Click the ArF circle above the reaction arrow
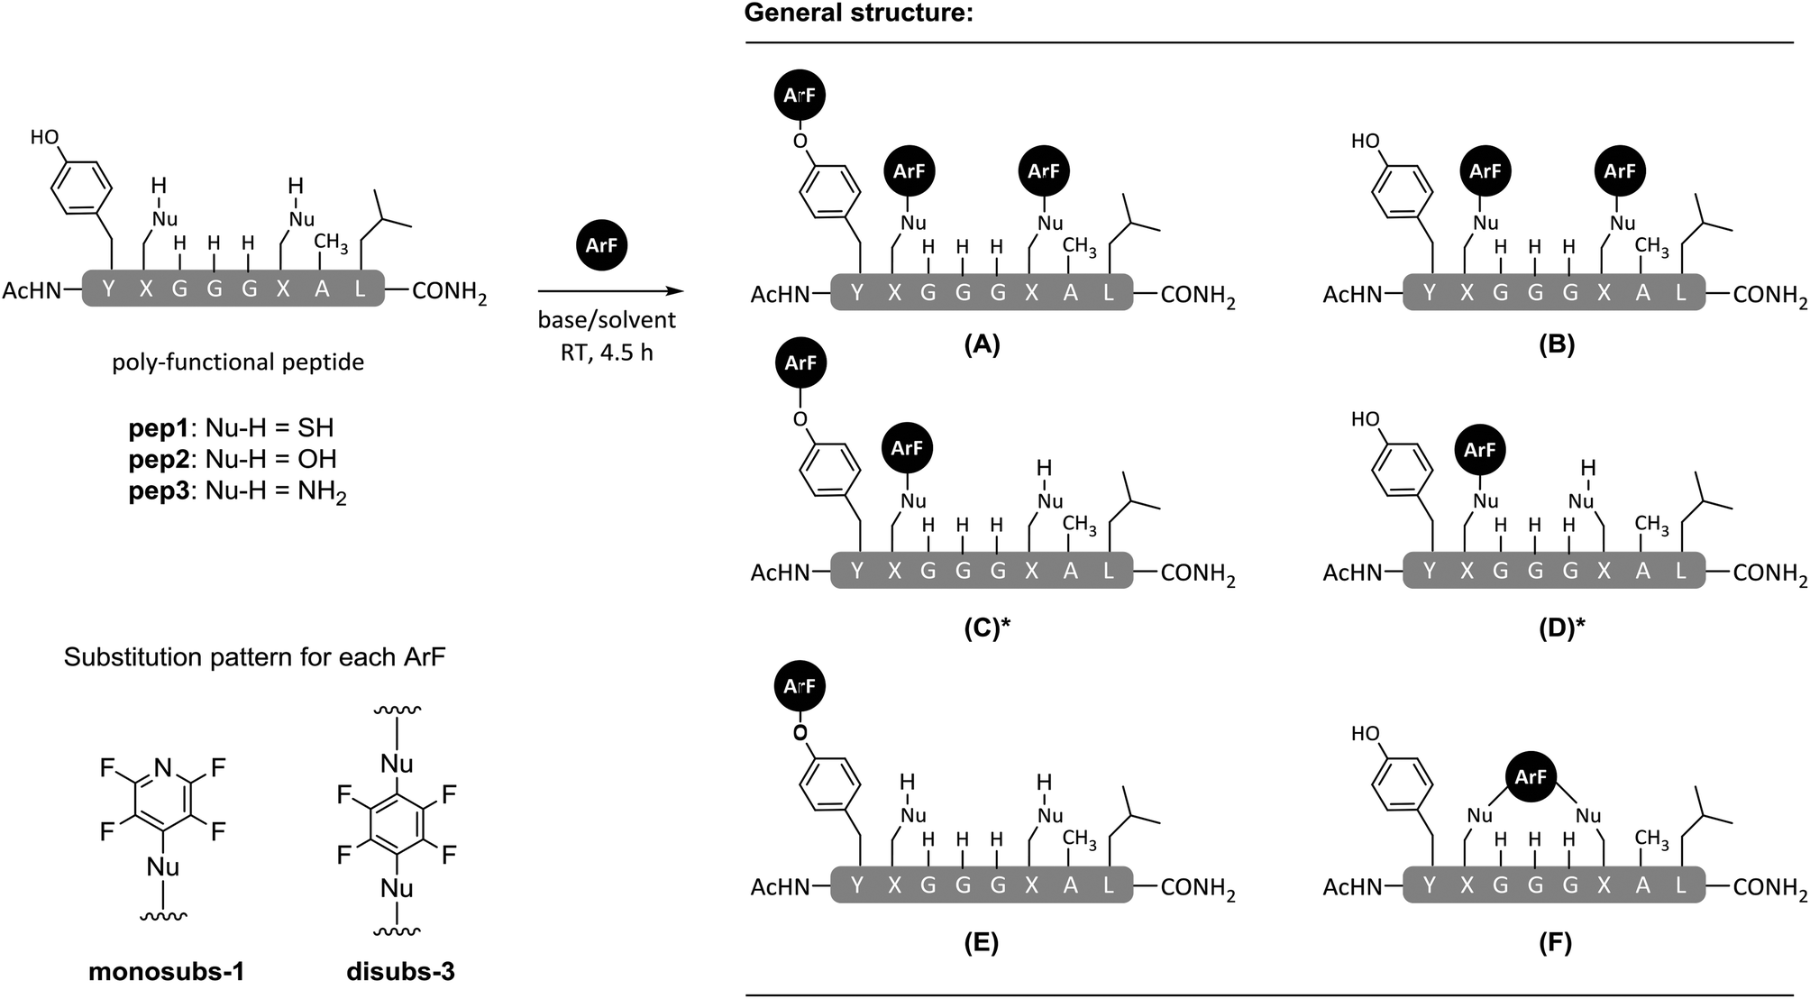pyautogui.click(x=602, y=244)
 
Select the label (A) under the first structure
pyautogui.click(x=981, y=344)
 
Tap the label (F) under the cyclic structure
pyautogui.click(x=1556, y=943)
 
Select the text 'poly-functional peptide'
pyautogui.click(x=238, y=362)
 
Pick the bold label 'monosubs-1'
pyautogui.click(x=166, y=972)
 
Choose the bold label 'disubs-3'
pyautogui.click(x=399, y=972)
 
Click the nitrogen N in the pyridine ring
pyautogui.click(x=162, y=768)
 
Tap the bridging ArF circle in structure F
pyautogui.click(x=1531, y=776)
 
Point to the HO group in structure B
pyautogui.click(x=1365, y=142)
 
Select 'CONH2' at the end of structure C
pyautogui.click(x=1197, y=572)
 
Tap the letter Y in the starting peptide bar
pyautogui.click(x=109, y=289)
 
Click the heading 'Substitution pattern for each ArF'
pyautogui.click(x=255, y=657)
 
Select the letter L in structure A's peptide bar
pyautogui.click(x=1108, y=293)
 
